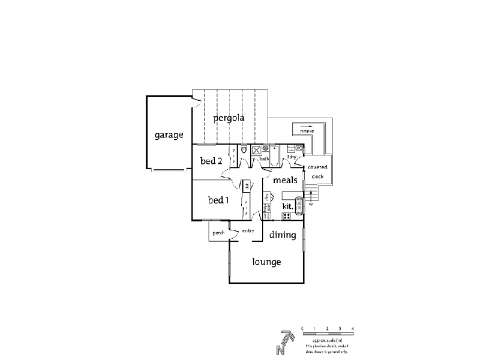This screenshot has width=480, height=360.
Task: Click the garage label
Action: [x=168, y=135]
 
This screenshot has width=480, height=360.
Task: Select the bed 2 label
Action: [x=211, y=161]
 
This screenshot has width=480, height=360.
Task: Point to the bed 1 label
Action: [x=218, y=200]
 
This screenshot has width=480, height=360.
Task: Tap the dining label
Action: [x=282, y=235]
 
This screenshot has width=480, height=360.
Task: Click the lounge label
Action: [x=266, y=262]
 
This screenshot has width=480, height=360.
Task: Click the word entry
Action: [x=248, y=231]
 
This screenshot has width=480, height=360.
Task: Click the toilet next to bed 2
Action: [x=244, y=151]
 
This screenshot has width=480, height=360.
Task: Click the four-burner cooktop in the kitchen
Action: [x=287, y=215]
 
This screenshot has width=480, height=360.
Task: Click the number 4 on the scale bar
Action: [x=353, y=328]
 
